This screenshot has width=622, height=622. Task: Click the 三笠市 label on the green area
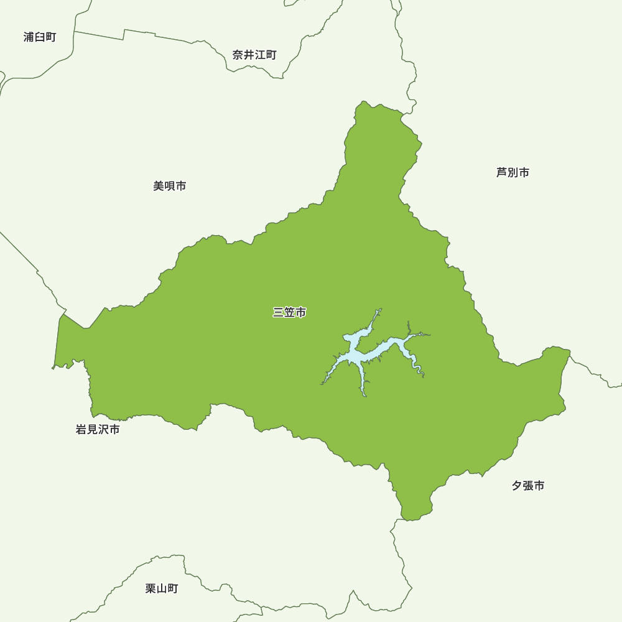coord(289,313)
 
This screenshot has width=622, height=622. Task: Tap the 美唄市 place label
coord(169,186)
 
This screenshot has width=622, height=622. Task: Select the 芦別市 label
coord(513,173)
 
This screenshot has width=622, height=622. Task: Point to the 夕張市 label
coord(528,486)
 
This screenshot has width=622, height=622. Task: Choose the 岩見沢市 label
coord(98,429)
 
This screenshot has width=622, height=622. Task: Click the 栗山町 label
coord(162,588)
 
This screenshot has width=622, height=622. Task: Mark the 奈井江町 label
coord(254,55)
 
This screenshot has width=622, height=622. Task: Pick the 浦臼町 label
coord(40,37)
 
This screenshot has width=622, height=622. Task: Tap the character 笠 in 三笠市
coord(289,313)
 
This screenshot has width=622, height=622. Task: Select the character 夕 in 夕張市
coord(517,486)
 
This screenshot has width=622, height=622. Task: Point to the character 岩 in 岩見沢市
coord(81,429)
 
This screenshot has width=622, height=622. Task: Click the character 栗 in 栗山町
coord(151,588)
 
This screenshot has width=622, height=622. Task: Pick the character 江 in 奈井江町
coord(260,55)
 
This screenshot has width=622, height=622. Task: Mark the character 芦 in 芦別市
coord(501,173)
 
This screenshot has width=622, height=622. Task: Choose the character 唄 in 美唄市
coord(169,186)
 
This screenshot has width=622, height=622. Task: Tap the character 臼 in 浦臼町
coord(40,37)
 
